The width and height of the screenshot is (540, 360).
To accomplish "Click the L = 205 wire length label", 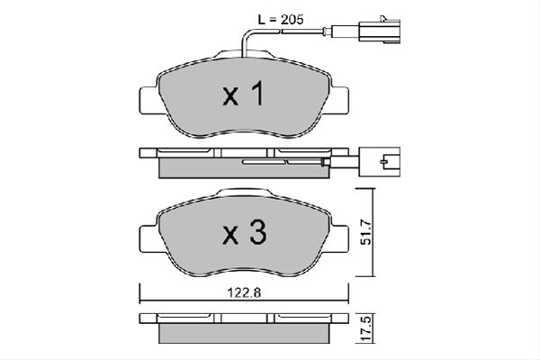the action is (x=281, y=20).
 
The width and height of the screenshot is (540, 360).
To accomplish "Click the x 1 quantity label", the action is (x=244, y=94).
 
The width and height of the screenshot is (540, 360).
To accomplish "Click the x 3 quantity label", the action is (x=244, y=232).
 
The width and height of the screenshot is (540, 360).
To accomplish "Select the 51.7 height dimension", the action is (x=366, y=232).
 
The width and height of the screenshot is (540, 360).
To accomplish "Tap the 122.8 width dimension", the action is (x=244, y=292).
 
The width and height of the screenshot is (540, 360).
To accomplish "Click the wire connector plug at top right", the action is (x=380, y=30).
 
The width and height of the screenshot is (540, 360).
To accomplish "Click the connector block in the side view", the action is (x=380, y=162).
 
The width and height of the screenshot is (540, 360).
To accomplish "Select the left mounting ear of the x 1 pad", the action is (x=149, y=100).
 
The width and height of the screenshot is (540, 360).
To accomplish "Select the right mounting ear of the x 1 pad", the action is (x=339, y=100).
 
